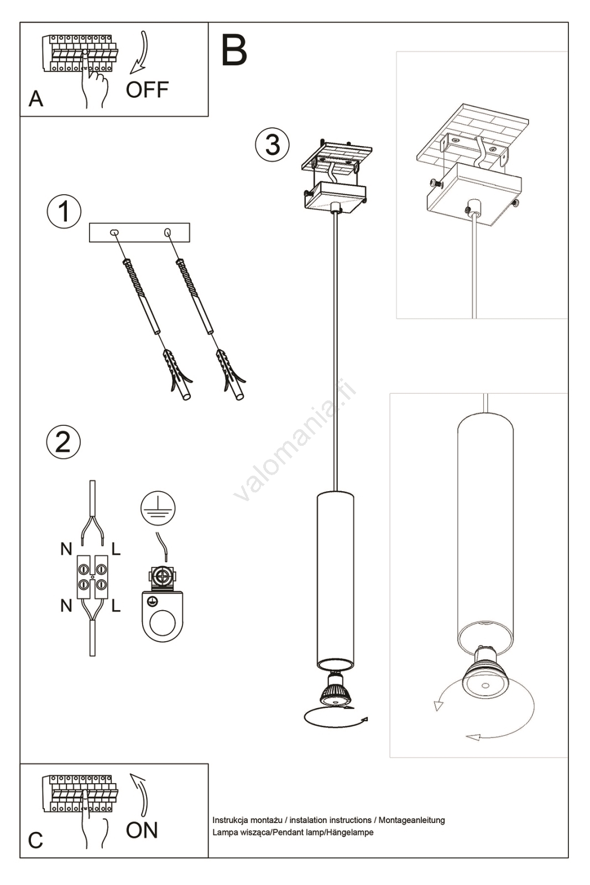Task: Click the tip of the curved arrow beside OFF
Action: pos(130,74)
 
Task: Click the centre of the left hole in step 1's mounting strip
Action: pos(114,232)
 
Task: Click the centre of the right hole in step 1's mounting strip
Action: pos(168,232)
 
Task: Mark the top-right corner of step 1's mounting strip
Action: pos(190,223)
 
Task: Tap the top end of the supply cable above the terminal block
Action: pos(92,481)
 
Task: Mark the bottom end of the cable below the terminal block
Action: pos(92,656)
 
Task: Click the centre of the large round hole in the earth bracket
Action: pos(163,623)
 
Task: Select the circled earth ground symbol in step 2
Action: pos(158,508)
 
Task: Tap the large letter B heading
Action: pos(234,50)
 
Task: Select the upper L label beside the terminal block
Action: pos(116,549)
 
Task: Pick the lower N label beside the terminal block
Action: pos(66,605)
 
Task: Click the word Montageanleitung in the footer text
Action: pos(411,820)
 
